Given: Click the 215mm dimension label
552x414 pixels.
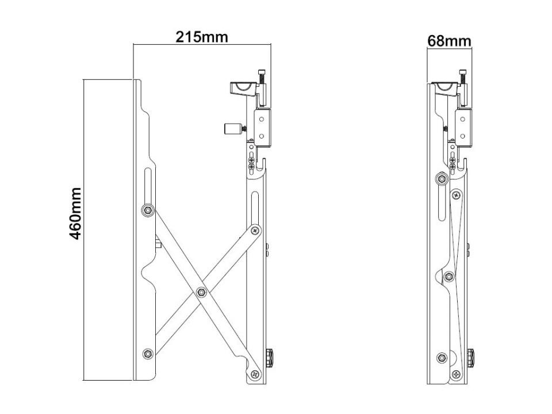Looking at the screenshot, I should (201, 37).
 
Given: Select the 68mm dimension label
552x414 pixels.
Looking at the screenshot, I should (449, 41).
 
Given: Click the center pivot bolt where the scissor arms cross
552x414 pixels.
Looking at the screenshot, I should (201, 293).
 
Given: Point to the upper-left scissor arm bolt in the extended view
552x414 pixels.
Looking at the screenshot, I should (148, 210).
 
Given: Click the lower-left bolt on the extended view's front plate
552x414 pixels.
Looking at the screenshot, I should (148, 354).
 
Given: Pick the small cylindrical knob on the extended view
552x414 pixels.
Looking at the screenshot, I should (231, 128).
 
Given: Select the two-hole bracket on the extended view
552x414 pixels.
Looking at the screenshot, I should (262, 128).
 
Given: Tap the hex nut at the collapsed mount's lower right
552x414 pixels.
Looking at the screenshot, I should (470, 357).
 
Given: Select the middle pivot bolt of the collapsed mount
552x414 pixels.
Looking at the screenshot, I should (449, 277).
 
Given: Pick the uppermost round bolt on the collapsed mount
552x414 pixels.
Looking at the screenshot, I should (441, 179).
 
